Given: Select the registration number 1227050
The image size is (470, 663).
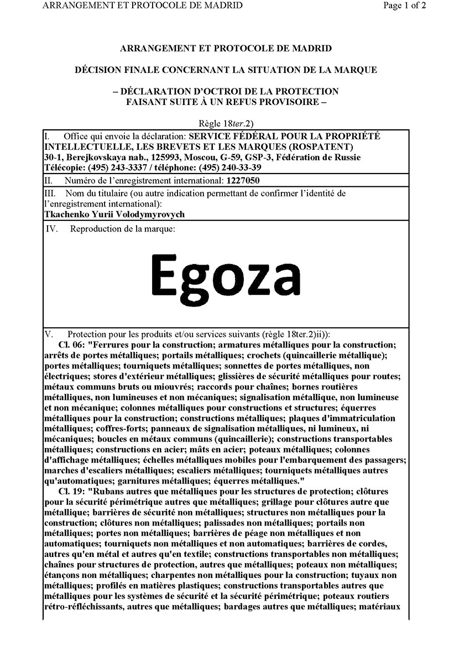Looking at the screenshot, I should click(243, 180).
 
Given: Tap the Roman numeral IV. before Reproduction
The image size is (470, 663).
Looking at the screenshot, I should click(53, 228).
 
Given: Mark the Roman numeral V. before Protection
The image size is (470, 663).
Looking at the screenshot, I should click(48, 334).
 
